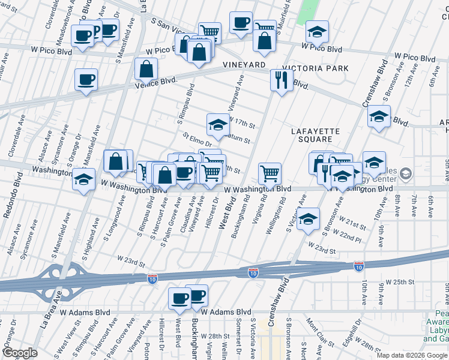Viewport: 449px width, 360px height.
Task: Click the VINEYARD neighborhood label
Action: click(244, 64)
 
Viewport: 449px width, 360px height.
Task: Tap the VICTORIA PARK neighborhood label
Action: click(320, 68)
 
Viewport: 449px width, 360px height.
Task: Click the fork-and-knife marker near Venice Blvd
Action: click(280, 79)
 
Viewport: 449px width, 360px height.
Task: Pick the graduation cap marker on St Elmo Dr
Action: click(218, 124)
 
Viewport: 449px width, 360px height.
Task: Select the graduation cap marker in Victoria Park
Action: click(317, 31)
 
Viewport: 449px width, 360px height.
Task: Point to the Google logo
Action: click(20, 353)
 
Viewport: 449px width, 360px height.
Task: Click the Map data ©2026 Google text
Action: click(411, 355)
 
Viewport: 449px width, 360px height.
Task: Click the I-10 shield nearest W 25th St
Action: click(359, 265)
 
